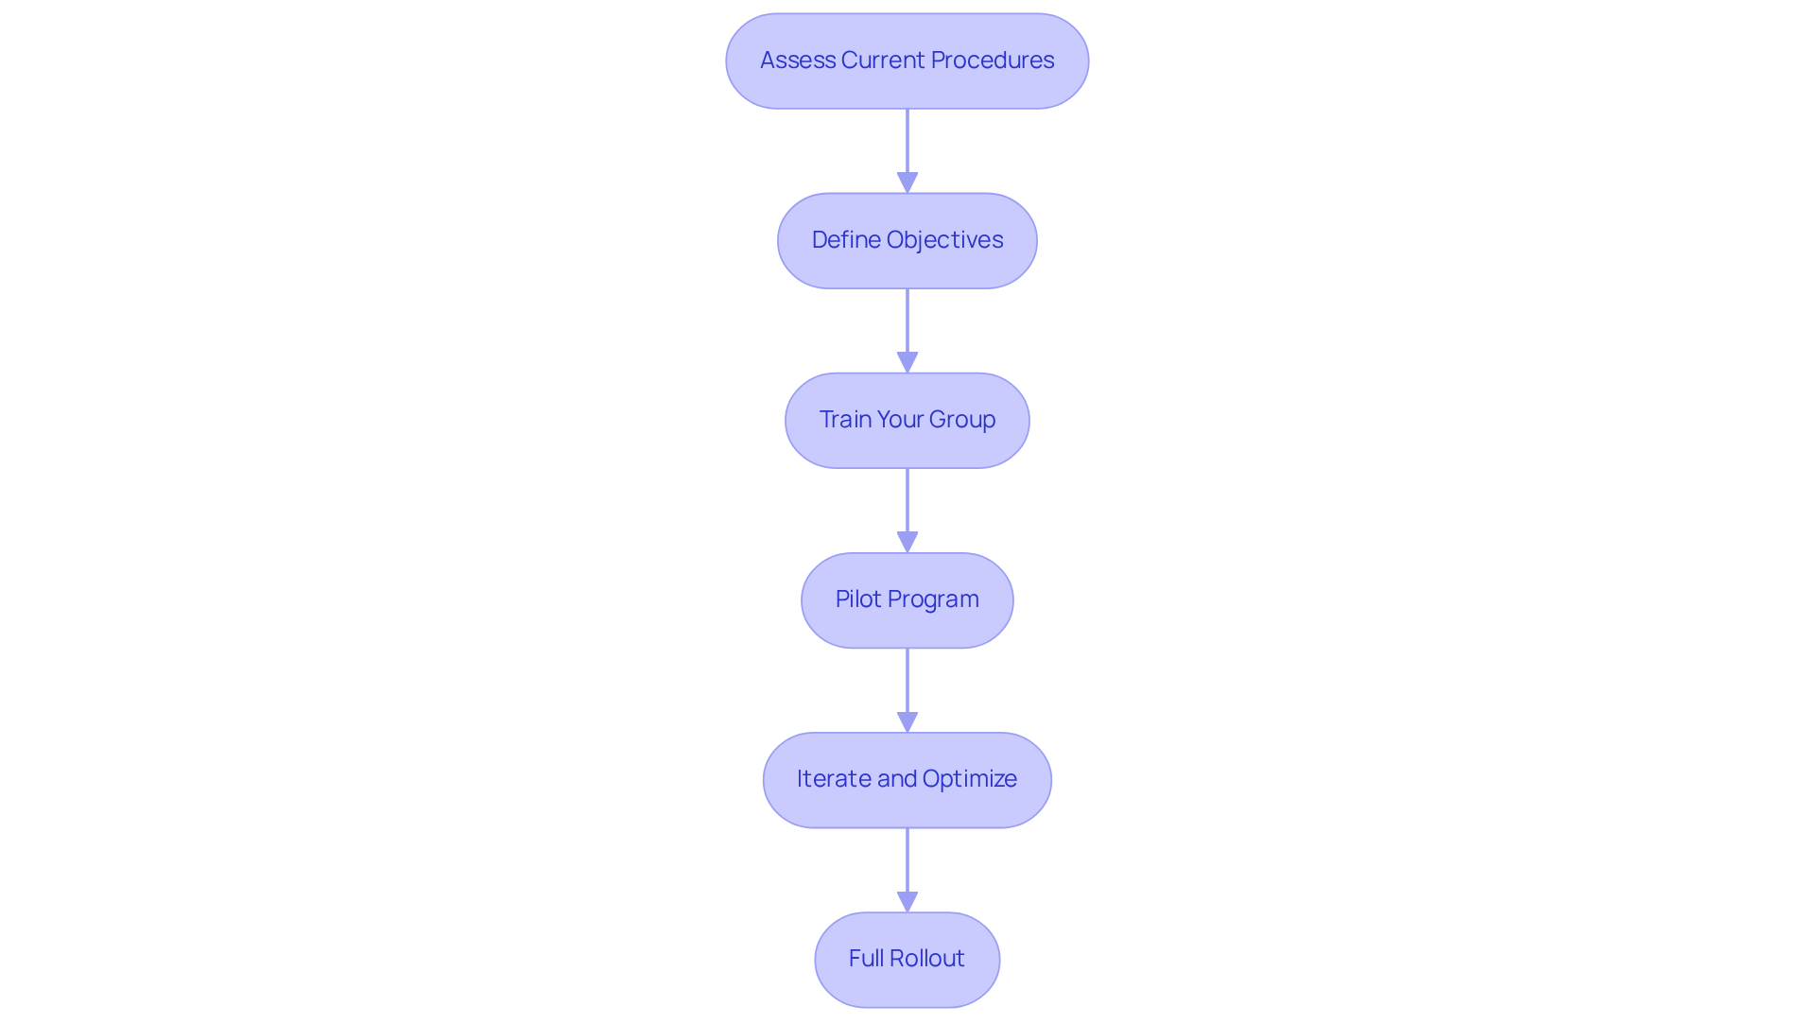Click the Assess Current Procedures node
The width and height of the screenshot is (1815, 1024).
pos(907,61)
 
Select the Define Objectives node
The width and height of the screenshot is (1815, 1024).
pos(907,240)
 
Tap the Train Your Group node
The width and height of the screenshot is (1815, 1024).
pos(907,420)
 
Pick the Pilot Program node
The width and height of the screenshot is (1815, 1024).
pos(907,599)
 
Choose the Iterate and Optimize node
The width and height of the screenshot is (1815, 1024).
pos(907,779)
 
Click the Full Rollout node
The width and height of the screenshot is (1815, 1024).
pos(907,959)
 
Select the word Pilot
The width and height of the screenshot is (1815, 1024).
pos(858,599)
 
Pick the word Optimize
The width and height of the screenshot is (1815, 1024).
pos(969,779)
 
